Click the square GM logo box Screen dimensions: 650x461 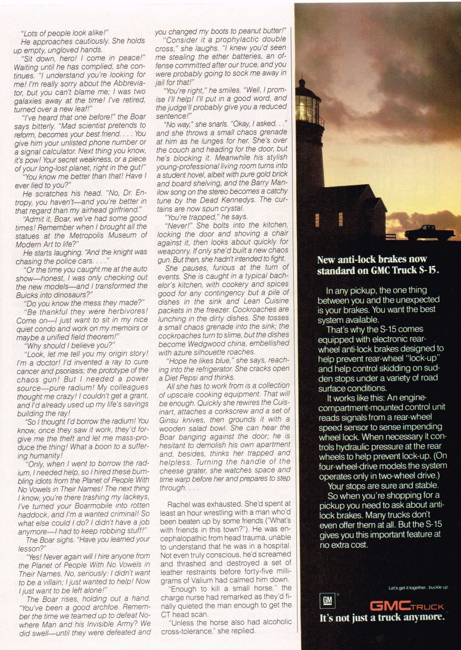click(327, 600)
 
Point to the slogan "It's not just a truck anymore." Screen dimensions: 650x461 click(381, 618)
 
